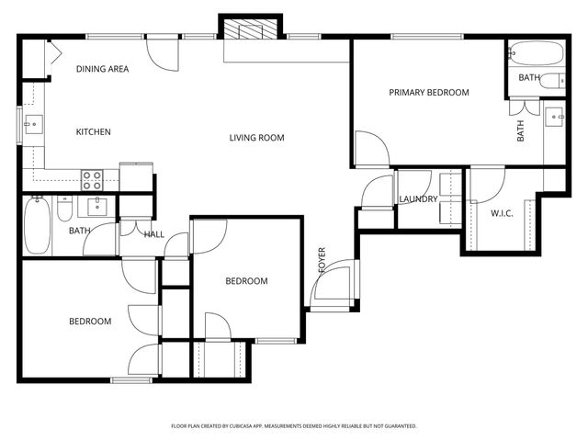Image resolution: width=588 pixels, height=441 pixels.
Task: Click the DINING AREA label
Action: point(102,69)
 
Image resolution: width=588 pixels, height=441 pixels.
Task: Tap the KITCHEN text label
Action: point(93,132)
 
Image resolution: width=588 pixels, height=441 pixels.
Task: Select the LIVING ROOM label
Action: point(256,138)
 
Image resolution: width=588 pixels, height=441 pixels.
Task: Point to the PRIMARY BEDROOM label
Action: point(428,93)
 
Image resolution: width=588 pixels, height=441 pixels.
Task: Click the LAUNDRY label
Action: point(418,199)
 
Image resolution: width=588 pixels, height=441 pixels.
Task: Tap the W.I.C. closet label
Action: point(502,214)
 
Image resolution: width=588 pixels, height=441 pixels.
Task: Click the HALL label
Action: point(154,234)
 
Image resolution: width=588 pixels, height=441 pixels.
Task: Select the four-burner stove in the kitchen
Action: point(92,178)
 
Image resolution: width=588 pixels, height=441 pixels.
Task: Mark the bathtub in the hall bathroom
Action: point(37,226)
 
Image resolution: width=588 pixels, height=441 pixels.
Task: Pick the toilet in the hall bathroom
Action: point(63,210)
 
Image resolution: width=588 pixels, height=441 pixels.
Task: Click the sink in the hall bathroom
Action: point(96,206)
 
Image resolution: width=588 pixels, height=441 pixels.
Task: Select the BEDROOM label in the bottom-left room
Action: point(90,322)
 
